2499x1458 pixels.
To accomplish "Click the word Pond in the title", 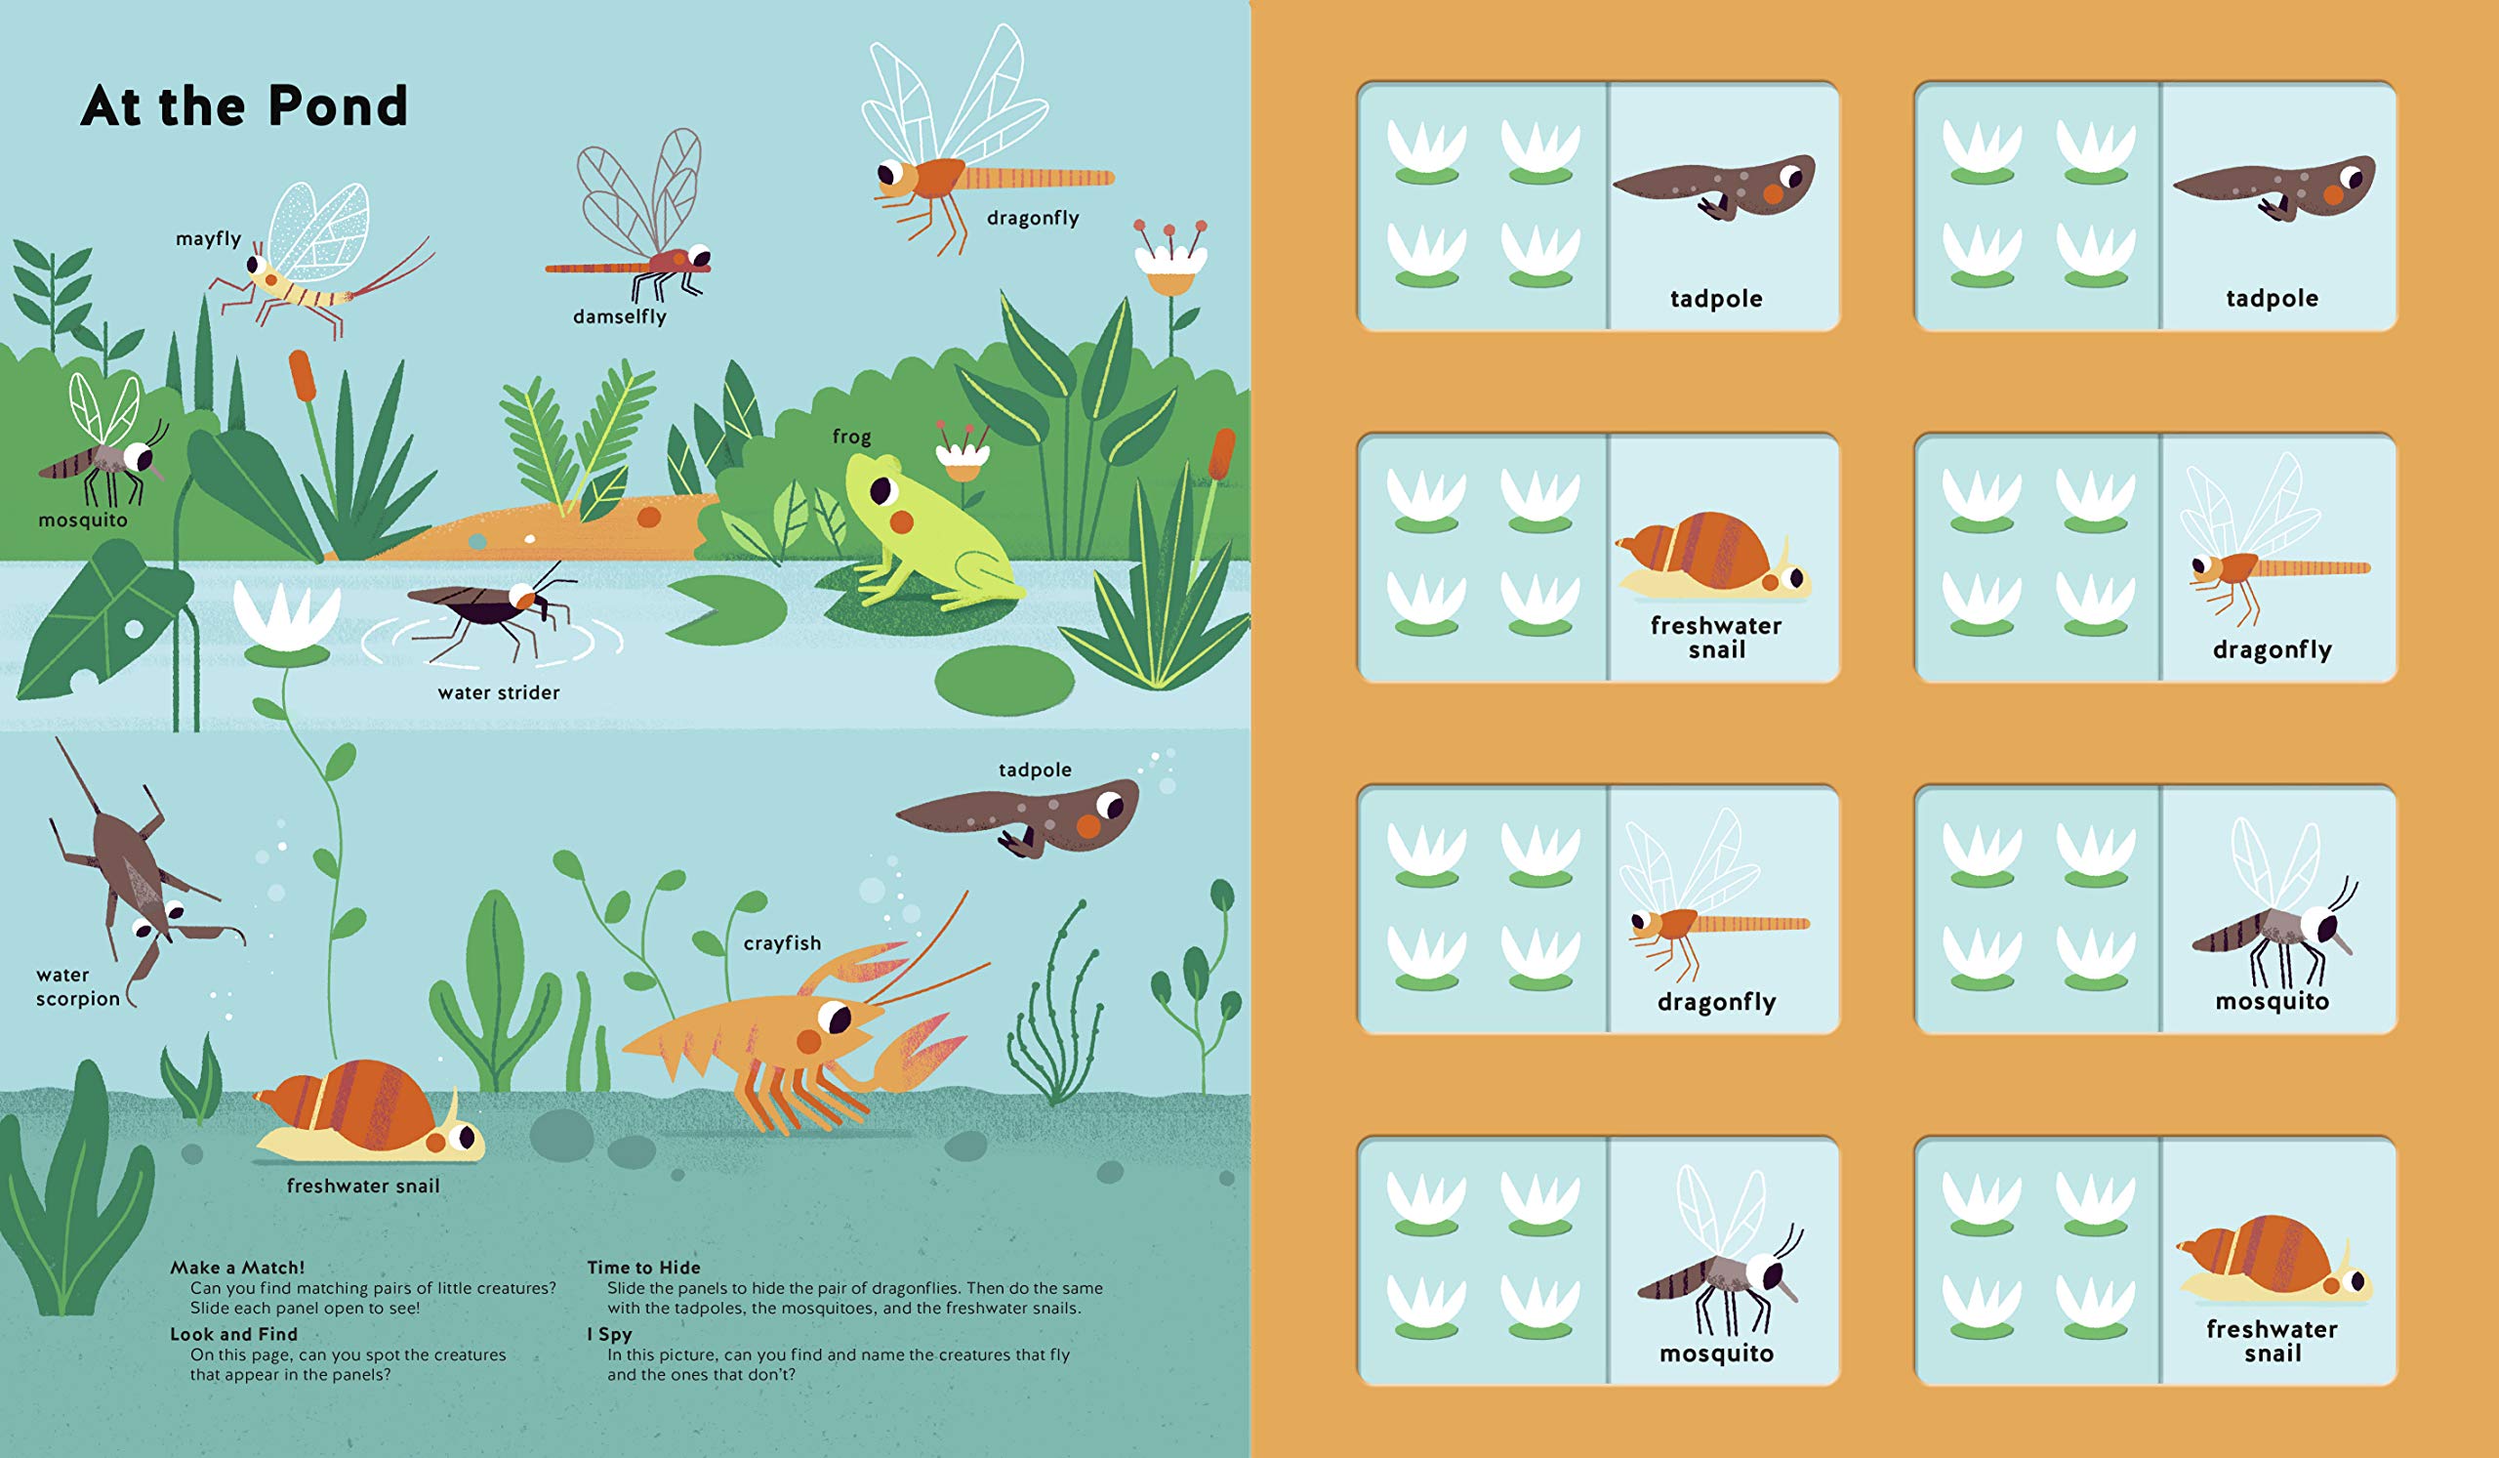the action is pos(338,106).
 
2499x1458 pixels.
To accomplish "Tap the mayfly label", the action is pos(208,239).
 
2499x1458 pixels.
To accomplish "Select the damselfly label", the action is pos(620,317).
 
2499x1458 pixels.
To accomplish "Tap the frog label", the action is pos(851,437).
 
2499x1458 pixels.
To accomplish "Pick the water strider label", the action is pos(499,693).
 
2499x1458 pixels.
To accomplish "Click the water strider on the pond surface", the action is pos(492,607).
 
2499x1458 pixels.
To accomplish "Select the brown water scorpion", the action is pos(139,873).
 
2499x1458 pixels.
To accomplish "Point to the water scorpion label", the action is pos(77,987).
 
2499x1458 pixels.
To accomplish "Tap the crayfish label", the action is pos(783,943).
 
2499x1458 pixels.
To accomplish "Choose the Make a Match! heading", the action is pos(237,1268).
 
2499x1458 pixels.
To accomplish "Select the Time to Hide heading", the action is pos(643,1268).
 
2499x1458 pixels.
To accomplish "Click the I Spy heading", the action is pos(609,1335).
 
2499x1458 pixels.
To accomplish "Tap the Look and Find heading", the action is pos(233,1335).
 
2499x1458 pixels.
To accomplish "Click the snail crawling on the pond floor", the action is pos(369,1113).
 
